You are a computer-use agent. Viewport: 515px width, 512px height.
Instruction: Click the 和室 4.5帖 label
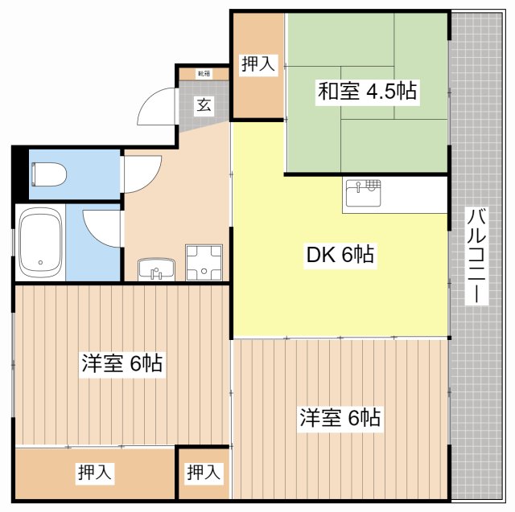tap(367, 91)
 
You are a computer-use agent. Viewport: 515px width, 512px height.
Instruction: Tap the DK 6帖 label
tap(340, 256)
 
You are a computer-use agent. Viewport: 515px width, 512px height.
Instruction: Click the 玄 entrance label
tap(204, 104)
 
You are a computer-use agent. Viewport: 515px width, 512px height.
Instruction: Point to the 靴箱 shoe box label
tap(204, 74)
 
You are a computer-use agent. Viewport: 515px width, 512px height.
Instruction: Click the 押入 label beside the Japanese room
tap(258, 65)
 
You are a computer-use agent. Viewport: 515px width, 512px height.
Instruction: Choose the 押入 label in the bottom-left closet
tap(95, 473)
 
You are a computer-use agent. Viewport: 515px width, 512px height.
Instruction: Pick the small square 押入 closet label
tap(204, 473)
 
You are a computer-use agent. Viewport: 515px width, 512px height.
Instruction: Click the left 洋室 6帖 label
tap(122, 363)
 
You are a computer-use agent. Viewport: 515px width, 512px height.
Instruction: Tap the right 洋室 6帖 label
tap(340, 418)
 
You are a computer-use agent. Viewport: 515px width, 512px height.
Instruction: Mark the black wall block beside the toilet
tap(19, 173)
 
